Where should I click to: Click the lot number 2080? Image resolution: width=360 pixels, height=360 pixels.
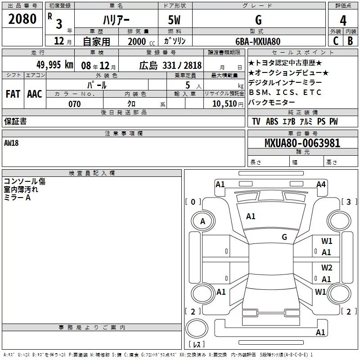point(22,19)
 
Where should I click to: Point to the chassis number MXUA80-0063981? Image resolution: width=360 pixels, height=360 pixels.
point(302,144)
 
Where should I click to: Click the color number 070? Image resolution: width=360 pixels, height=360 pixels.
point(74,104)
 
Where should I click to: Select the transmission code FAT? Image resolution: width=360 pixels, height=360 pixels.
point(13,94)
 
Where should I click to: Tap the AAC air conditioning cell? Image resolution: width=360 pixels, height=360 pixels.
point(34,94)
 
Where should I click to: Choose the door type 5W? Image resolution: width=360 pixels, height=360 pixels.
point(175,20)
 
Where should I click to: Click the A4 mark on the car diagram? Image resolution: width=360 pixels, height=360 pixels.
point(321,184)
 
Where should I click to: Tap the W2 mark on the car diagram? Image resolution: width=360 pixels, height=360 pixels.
point(327,268)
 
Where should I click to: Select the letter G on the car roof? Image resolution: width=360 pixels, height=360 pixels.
point(284,237)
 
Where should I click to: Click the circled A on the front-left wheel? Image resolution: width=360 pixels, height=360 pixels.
point(202,221)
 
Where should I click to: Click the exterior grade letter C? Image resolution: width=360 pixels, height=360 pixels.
point(335,41)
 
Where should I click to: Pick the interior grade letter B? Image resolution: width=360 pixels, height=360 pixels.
point(350,41)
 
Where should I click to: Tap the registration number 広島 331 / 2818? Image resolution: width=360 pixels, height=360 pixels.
point(170,65)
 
